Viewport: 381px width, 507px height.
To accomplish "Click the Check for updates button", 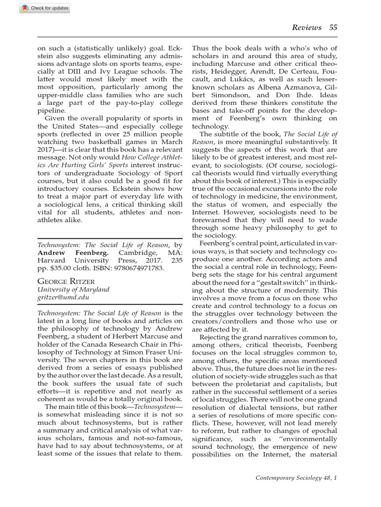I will [x=38, y=8].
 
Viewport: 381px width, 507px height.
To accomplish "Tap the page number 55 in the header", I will [x=333, y=27].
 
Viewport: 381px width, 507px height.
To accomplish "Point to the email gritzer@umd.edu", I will [x=62, y=298].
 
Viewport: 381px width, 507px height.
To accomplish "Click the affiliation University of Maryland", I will [x=73, y=289].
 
